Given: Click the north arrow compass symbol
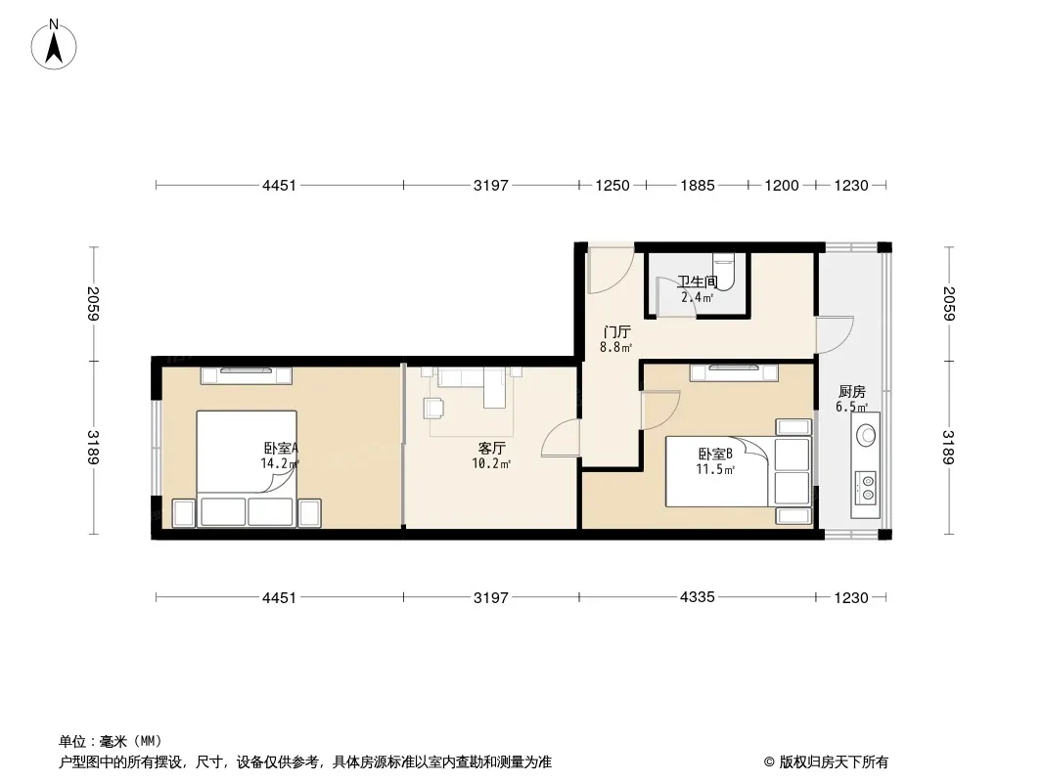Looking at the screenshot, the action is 54,45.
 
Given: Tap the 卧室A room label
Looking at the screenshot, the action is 281,449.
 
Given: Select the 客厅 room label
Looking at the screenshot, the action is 491,449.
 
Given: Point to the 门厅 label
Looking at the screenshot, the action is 616,331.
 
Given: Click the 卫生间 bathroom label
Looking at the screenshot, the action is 697,282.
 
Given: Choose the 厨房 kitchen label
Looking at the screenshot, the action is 852,392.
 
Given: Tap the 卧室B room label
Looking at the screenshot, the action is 715,455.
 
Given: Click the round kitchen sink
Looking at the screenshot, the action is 865,436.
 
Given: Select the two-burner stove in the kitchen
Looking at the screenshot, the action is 865,487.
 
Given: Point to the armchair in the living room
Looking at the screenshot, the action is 433,408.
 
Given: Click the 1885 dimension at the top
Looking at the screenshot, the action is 697,186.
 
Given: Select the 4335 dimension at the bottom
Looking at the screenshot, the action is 697,597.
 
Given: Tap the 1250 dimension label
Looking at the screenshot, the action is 612,186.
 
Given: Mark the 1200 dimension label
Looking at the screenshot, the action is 782,186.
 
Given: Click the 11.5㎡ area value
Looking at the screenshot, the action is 715,470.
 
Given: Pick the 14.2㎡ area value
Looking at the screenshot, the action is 280,463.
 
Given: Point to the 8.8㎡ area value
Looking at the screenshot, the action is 616,347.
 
